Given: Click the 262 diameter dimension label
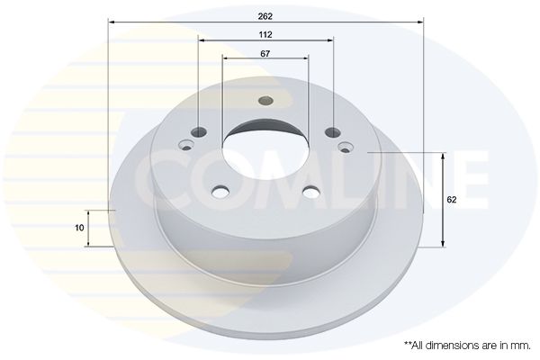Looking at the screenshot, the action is [x=265, y=16].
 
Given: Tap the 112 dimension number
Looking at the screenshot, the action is [x=265, y=34].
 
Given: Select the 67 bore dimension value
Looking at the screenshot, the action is [x=265, y=54].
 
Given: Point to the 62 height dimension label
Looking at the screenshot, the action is [x=452, y=200].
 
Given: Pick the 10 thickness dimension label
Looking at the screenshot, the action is [x=79, y=228].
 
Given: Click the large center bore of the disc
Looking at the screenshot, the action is [x=265, y=149].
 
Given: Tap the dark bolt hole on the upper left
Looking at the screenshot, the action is [x=199, y=130].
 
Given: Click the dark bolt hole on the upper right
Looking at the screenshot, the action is [x=333, y=131].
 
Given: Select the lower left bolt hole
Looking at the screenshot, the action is [x=220, y=192].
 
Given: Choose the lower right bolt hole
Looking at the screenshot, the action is [x=311, y=192].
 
